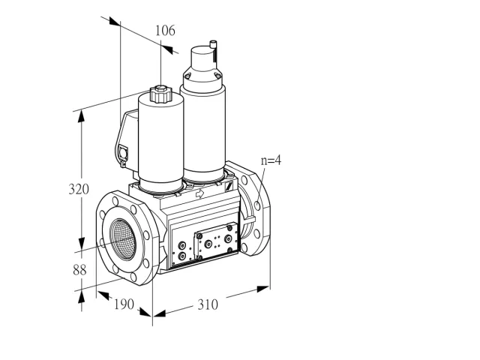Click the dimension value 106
click(165, 31)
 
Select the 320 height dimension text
click(79, 189)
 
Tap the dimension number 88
click(79, 270)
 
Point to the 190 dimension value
click(124, 304)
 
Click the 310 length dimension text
click(208, 304)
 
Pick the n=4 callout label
click(271, 160)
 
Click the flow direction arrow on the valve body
click(200, 193)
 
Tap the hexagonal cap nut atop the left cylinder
click(160, 94)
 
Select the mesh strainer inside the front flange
click(123, 239)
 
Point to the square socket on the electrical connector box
click(124, 151)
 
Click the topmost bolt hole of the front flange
click(115, 201)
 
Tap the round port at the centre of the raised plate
click(208, 244)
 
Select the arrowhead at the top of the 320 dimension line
click(81, 116)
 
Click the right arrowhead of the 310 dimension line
click(263, 289)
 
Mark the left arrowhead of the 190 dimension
click(103, 295)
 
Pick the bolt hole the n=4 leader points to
click(257, 205)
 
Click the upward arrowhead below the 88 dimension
click(81, 296)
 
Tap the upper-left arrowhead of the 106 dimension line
click(115, 21)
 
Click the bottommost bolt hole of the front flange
click(133, 277)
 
